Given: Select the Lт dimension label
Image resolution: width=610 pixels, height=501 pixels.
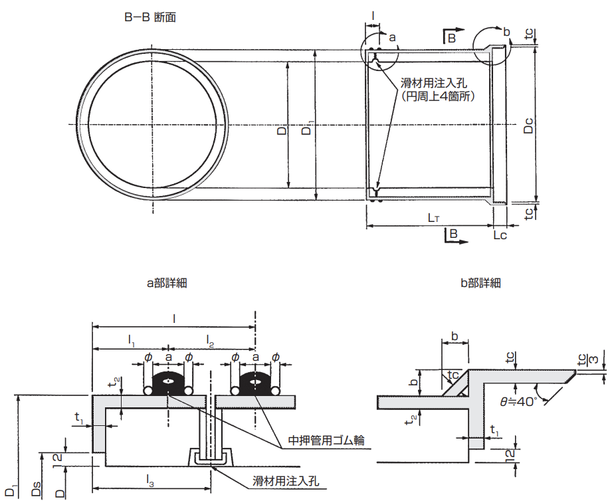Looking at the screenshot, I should (433, 217).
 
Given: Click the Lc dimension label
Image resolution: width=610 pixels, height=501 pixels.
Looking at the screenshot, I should (500, 235).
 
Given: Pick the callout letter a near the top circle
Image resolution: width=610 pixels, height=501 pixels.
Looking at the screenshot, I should (391, 39).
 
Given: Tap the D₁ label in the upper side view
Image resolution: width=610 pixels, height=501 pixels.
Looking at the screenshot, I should (306, 130).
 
